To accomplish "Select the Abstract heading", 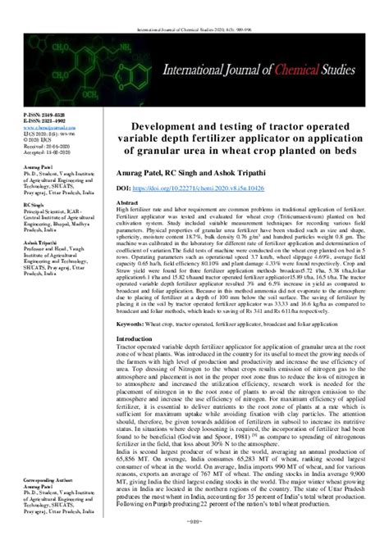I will (129, 202).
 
